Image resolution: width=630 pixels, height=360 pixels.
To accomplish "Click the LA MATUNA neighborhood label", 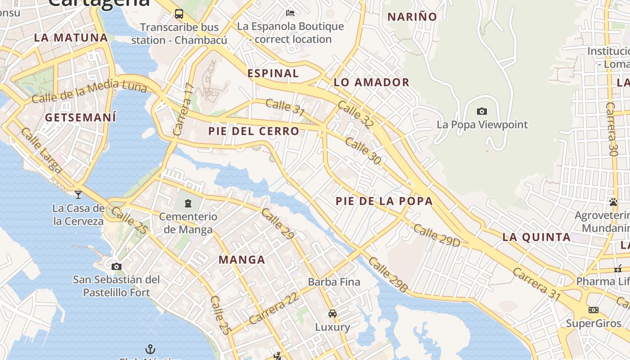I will pyautogui.click(x=71, y=38).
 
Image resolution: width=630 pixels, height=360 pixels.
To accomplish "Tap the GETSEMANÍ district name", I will pyautogui.click(x=81, y=117).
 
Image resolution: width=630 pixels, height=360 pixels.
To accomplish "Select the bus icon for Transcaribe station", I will pyautogui.click(x=179, y=14).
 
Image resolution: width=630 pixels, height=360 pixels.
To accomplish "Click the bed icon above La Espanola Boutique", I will pyautogui.click(x=290, y=13).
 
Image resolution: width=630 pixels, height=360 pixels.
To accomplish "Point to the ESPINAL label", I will pyautogui.click(x=273, y=73).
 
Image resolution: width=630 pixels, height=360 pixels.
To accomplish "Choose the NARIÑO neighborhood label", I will pyautogui.click(x=412, y=17).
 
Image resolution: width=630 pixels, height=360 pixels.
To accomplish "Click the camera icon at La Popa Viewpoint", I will pyautogui.click(x=482, y=111).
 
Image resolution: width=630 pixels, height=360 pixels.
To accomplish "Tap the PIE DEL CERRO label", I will pyautogui.click(x=254, y=131).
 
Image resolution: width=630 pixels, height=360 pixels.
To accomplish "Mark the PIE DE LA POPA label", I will pyautogui.click(x=384, y=201).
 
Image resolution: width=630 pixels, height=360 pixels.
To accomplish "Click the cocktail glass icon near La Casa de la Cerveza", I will pyautogui.click(x=78, y=194).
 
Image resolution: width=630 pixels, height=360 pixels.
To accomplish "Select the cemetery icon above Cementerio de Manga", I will pyautogui.click(x=188, y=203).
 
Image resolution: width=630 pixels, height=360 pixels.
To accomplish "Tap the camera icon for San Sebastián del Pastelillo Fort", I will pyautogui.click(x=117, y=266).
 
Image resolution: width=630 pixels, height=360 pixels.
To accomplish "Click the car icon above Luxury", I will pyautogui.click(x=333, y=314).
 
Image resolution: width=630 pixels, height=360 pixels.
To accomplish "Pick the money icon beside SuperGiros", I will pyautogui.click(x=594, y=310).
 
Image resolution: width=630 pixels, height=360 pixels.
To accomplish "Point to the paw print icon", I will pyautogui.click(x=613, y=202).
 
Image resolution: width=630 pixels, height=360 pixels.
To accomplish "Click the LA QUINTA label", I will pyautogui.click(x=536, y=237).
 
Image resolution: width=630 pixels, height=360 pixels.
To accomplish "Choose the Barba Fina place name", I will pyautogui.click(x=334, y=282).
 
